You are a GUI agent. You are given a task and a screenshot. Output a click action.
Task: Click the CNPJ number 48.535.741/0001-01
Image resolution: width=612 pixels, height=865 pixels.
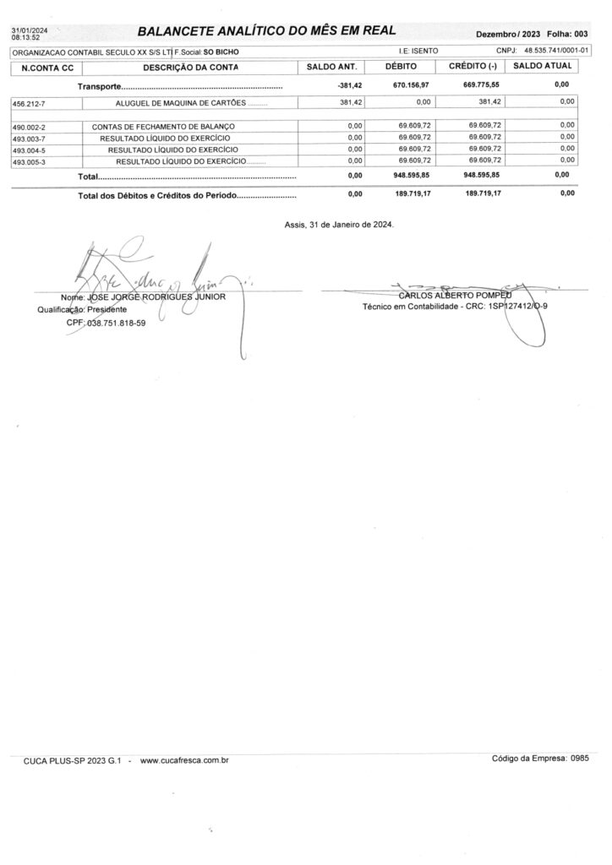point(556,52)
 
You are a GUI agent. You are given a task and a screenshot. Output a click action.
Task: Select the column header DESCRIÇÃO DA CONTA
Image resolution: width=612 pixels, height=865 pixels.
point(190,67)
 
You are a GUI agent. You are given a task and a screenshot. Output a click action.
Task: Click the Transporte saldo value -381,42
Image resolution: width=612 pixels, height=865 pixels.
point(349,85)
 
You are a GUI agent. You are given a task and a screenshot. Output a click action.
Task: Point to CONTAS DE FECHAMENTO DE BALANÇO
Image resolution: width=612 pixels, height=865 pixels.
point(163,126)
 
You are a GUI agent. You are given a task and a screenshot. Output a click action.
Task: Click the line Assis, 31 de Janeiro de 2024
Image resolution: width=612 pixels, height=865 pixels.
point(339,225)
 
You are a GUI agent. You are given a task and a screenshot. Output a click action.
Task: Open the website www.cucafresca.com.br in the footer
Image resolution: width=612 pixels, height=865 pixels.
point(184,761)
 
